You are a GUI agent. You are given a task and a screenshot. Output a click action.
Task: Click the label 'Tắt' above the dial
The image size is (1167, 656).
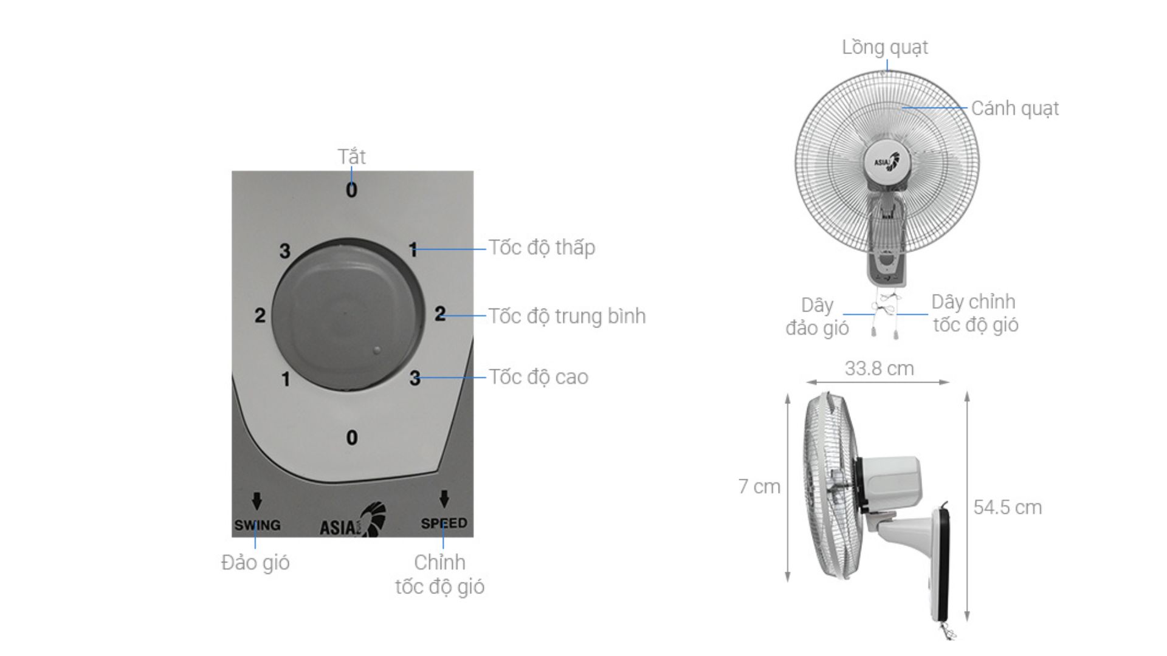coord(351,157)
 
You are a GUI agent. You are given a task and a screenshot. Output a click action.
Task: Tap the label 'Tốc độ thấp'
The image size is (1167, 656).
coord(542,248)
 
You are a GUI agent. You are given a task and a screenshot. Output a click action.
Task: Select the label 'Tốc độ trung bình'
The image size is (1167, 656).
coord(568,316)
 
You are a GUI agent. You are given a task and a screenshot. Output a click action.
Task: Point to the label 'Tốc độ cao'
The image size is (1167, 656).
coord(539,377)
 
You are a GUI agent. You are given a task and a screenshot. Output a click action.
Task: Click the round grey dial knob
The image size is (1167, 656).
coord(348,315)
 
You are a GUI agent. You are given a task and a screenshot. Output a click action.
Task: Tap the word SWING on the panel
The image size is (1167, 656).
coord(258,525)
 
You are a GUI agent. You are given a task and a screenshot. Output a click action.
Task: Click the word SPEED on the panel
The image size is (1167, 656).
coord(444,523)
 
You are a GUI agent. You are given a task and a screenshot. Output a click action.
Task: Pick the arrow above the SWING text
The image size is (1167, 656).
coord(257,501)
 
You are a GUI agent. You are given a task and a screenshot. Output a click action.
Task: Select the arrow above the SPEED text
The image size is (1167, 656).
coord(444,499)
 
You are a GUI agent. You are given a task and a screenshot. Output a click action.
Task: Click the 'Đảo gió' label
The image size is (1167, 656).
coord(255,562)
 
